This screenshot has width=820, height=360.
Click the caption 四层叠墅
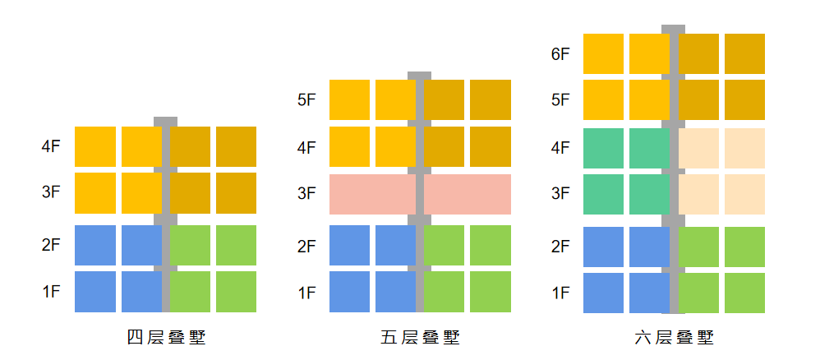[166, 338]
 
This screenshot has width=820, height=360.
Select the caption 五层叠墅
[421, 338]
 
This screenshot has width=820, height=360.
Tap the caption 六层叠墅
[674, 338]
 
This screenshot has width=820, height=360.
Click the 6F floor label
[560, 54]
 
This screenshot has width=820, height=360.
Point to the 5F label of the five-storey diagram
[307, 100]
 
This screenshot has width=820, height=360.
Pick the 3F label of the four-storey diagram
[51, 192]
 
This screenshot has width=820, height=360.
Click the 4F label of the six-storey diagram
[560, 148]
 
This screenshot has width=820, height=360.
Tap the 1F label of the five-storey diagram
[307, 293]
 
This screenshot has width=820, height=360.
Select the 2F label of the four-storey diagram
[51, 245]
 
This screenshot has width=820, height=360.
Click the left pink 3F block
[372, 194]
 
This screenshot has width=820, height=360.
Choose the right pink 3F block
[468, 194]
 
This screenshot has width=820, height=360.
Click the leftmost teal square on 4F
[603, 148]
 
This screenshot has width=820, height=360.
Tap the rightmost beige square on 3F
[744, 194]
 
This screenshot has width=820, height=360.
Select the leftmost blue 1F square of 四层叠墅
[95, 292]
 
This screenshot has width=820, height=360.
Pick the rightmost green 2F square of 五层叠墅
[491, 246]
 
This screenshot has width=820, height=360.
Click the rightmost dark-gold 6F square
[744, 54]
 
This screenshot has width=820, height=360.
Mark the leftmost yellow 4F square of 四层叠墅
[95, 146]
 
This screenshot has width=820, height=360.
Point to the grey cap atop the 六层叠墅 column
[673, 30]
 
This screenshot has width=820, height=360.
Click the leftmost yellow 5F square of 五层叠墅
[349, 100]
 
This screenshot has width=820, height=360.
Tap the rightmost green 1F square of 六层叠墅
[744, 293]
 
